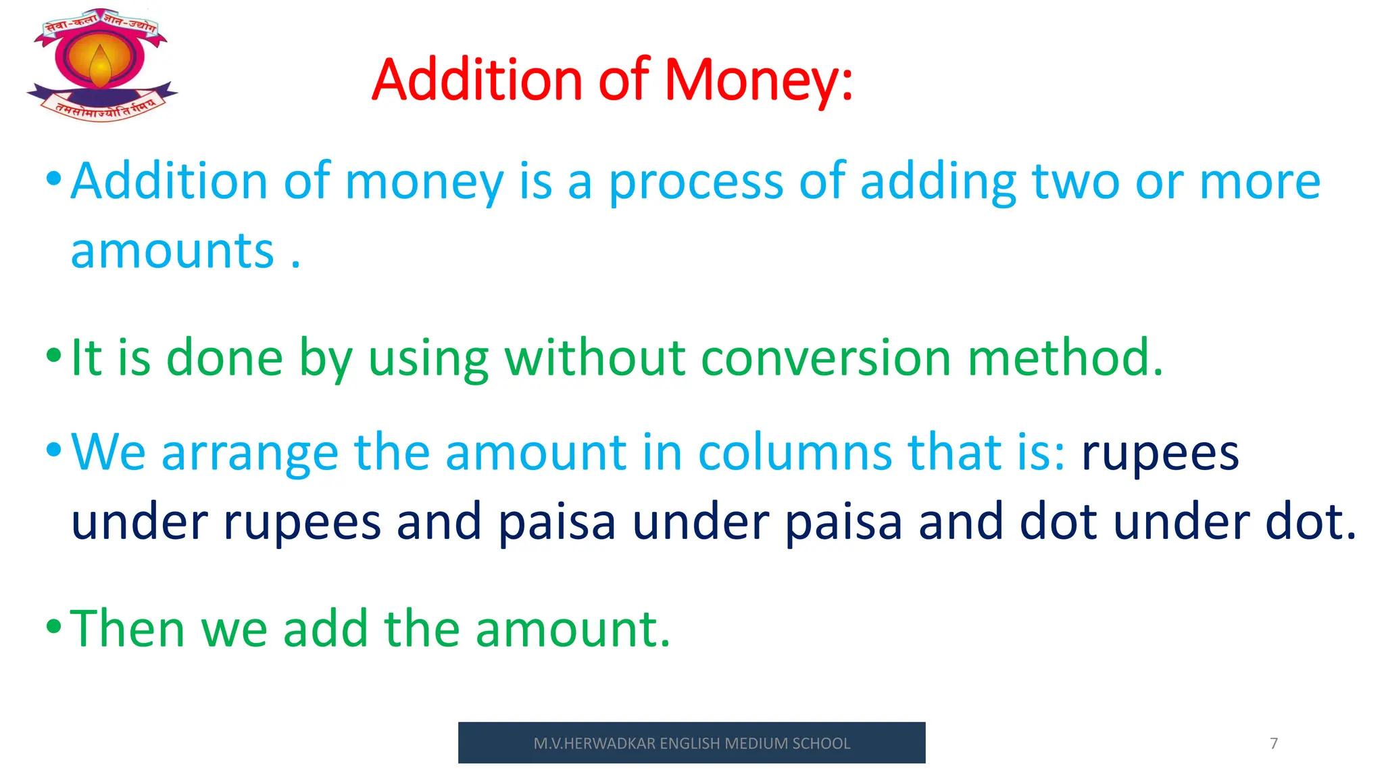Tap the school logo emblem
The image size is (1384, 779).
click(101, 65)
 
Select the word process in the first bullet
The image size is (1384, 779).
click(696, 183)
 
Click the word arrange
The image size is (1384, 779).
click(249, 453)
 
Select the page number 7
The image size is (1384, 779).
click(1274, 743)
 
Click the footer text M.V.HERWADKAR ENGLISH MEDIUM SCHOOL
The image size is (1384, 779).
click(691, 743)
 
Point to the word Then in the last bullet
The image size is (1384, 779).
click(128, 629)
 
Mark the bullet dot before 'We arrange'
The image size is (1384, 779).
click(53, 449)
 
